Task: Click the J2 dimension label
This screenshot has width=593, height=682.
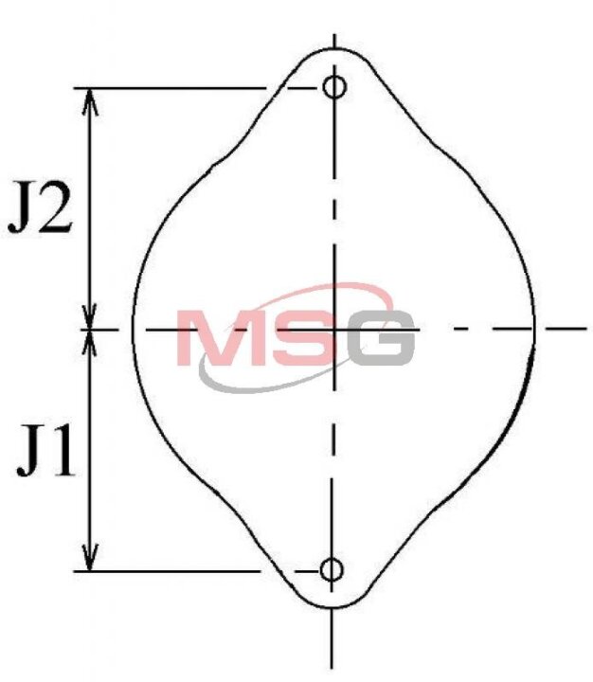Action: pyautogui.click(x=41, y=207)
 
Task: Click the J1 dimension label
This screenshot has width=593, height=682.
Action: pyautogui.click(x=45, y=450)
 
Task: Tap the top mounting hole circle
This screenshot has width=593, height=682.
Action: pyautogui.click(x=334, y=86)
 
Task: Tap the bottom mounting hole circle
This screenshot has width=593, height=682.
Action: pyautogui.click(x=332, y=570)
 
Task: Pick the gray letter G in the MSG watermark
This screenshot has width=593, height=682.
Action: pyautogui.click(x=381, y=337)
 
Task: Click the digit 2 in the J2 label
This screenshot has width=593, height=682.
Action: pyautogui.click(x=56, y=207)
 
